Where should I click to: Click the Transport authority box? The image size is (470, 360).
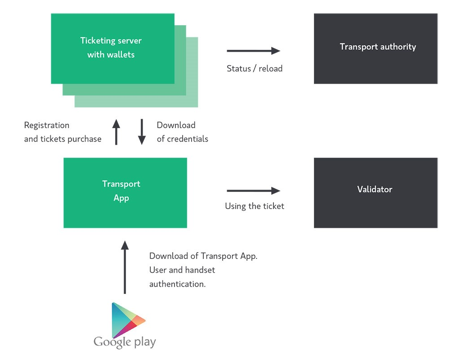point(376,49)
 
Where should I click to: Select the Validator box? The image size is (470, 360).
point(376,193)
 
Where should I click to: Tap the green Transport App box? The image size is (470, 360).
point(125,193)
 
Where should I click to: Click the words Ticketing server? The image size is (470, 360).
point(111,41)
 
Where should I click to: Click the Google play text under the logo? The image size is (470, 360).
point(125,342)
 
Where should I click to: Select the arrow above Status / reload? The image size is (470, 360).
point(253,51)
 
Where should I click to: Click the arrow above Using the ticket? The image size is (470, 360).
point(253,191)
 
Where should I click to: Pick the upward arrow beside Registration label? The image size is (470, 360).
point(116,132)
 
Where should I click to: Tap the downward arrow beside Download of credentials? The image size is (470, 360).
point(142,132)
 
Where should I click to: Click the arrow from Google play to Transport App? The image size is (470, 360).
point(125,267)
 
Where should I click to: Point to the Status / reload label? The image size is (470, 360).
point(255,69)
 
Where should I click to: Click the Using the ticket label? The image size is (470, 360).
point(255,206)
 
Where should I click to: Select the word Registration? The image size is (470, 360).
point(47,125)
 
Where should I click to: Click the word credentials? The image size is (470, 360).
point(188,139)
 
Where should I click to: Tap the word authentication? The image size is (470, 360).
point(178,284)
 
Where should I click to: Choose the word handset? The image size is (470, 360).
point(200,270)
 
